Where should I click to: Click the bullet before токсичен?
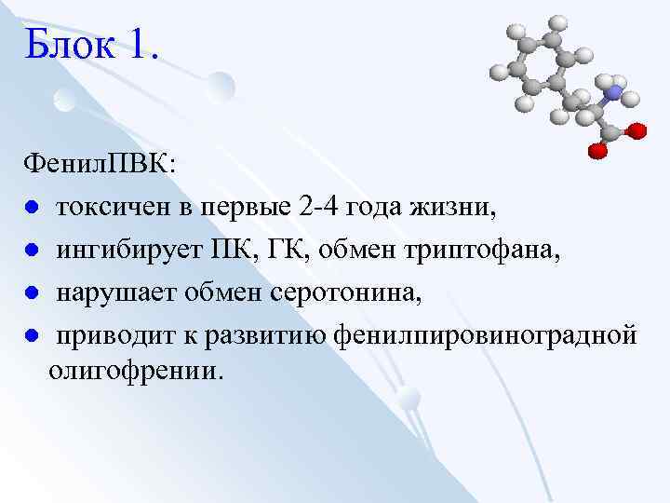coord(31,208)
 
